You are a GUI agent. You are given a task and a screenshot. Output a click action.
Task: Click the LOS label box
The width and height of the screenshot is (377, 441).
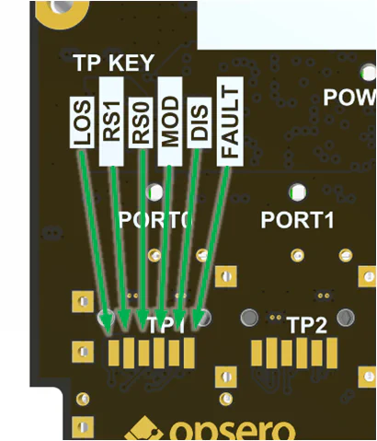[x=82, y=122]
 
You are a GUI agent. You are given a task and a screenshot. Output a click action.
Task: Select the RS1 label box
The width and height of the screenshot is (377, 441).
[x=111, y=128]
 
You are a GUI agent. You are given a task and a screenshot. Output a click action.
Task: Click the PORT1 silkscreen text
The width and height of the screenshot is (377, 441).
[x=296, y=220]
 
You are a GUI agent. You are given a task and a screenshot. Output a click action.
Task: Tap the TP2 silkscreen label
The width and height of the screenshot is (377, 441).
[x=306, y=325]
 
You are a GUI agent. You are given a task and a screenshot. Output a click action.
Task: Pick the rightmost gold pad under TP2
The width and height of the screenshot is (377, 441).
[x=330, y=354]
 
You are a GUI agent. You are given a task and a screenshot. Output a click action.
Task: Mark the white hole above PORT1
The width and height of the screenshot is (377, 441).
[x=296, y=193]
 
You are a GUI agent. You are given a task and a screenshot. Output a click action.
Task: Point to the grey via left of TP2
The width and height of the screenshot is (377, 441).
[x=248, y=318]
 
